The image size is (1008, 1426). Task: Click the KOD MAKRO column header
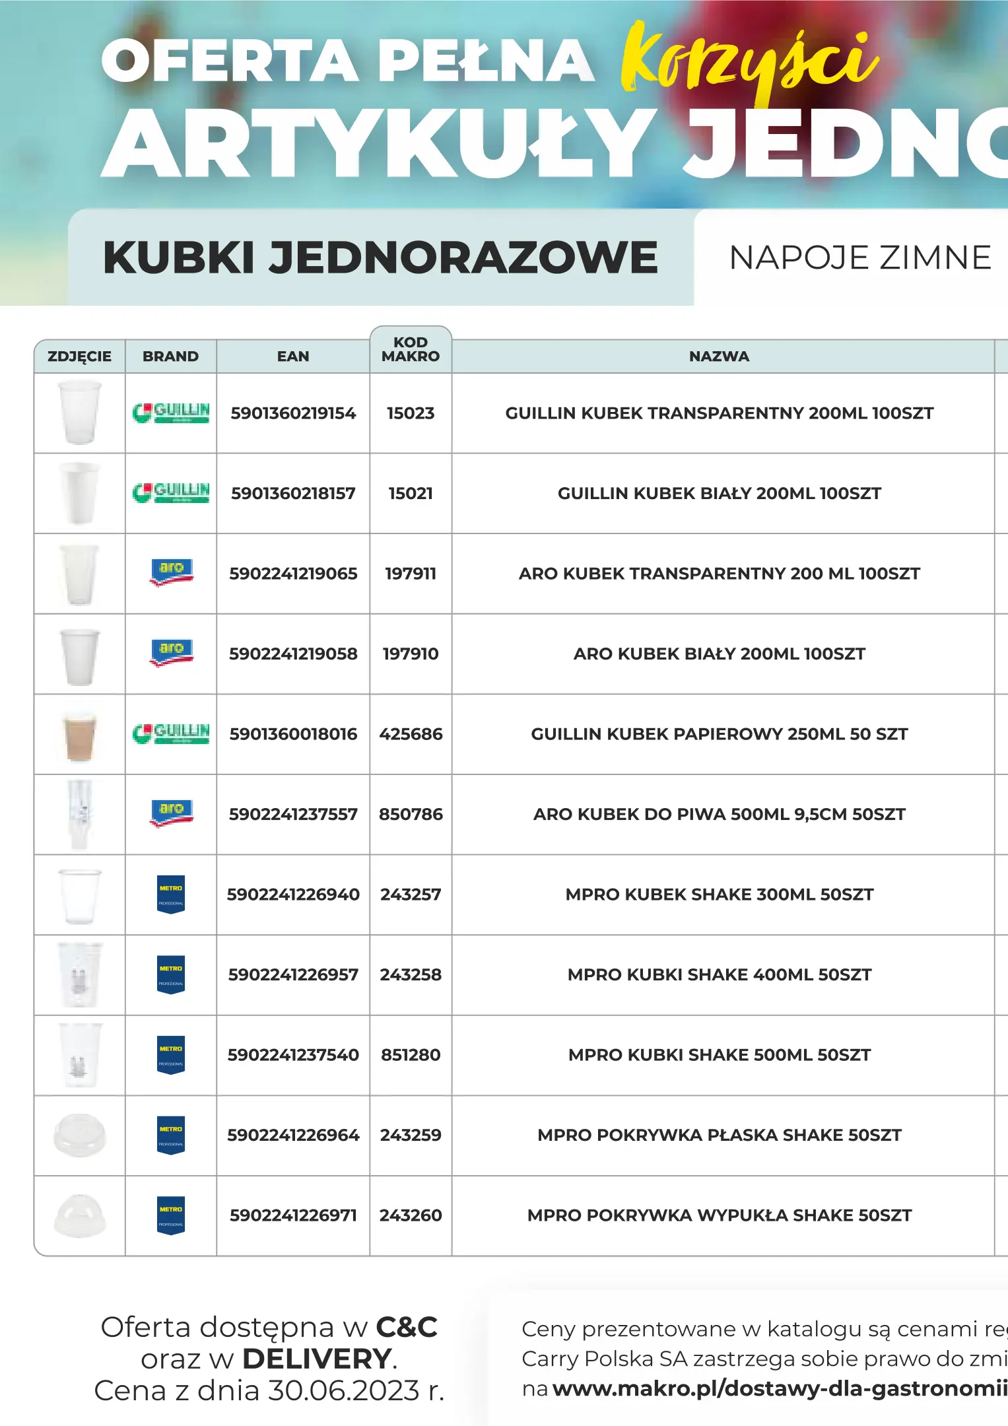411,349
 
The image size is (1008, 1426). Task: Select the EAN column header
293,356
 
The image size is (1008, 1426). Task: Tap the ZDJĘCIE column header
79,356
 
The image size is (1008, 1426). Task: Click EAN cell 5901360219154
293,413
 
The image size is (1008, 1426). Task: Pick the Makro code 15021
411,493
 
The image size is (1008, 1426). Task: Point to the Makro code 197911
411,574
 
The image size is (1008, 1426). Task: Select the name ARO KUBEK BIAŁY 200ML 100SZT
719,654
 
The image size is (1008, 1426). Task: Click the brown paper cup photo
80,735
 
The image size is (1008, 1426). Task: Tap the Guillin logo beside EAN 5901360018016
171,733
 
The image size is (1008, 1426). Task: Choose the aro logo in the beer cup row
171,813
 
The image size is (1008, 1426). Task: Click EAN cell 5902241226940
293,895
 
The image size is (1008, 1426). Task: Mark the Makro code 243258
411,975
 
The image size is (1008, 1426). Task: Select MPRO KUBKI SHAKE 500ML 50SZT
719,1055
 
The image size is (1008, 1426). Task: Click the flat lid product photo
80,1135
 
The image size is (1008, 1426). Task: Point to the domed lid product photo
80,1215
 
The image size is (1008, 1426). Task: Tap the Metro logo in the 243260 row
171,1215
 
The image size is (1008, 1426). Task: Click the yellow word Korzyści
749,63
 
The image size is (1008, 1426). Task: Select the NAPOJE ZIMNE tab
859,257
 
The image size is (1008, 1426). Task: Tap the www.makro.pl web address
779,1388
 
